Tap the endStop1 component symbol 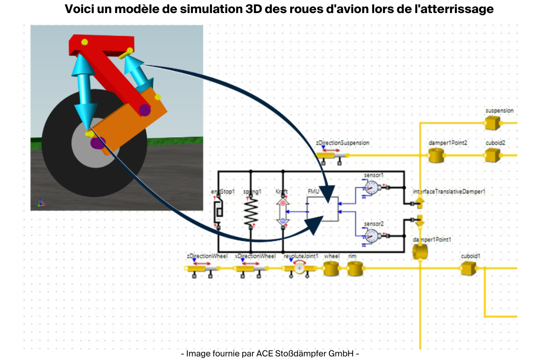coord(218,212)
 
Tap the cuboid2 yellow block coord(492,156)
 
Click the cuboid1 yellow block coord(468,269)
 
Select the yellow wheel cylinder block coord(331,269)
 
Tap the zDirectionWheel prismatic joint coord(202,269)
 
